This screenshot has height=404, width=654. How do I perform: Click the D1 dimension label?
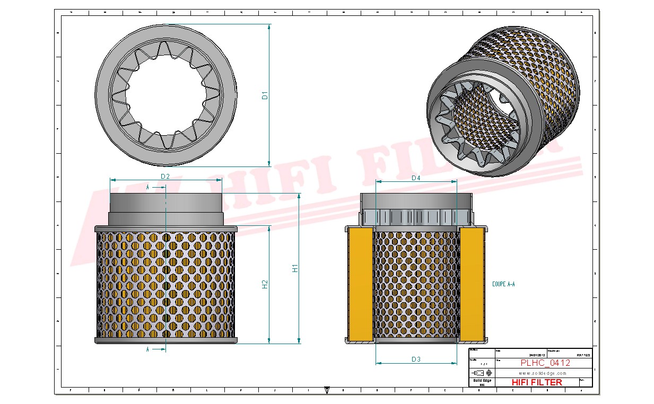[x=265, y=95]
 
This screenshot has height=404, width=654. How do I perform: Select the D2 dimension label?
[x=165, y=176]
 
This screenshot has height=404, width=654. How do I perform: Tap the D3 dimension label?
[x=416, y=359]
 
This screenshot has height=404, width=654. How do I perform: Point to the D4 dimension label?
[x=416, y=178]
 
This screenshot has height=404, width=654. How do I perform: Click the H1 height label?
[x=295, y=269]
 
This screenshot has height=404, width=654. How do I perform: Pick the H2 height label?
[x=265, y=284]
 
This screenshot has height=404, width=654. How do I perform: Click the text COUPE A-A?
[x=503, y=284]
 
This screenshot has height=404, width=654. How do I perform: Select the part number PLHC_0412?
[x=545, y=363]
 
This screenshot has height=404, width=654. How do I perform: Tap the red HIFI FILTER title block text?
[x=536, y=382]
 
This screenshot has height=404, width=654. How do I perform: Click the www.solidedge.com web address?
[x=542, y=373]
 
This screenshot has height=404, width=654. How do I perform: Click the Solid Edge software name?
[x=482, y=381]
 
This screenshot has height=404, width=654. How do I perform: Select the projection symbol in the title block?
[x=482, y=373]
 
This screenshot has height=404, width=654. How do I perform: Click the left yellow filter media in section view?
[x=361, y=284]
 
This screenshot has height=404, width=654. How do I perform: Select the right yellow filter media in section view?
[x=471, y=284]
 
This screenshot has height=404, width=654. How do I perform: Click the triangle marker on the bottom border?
[x=327, y=390]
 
